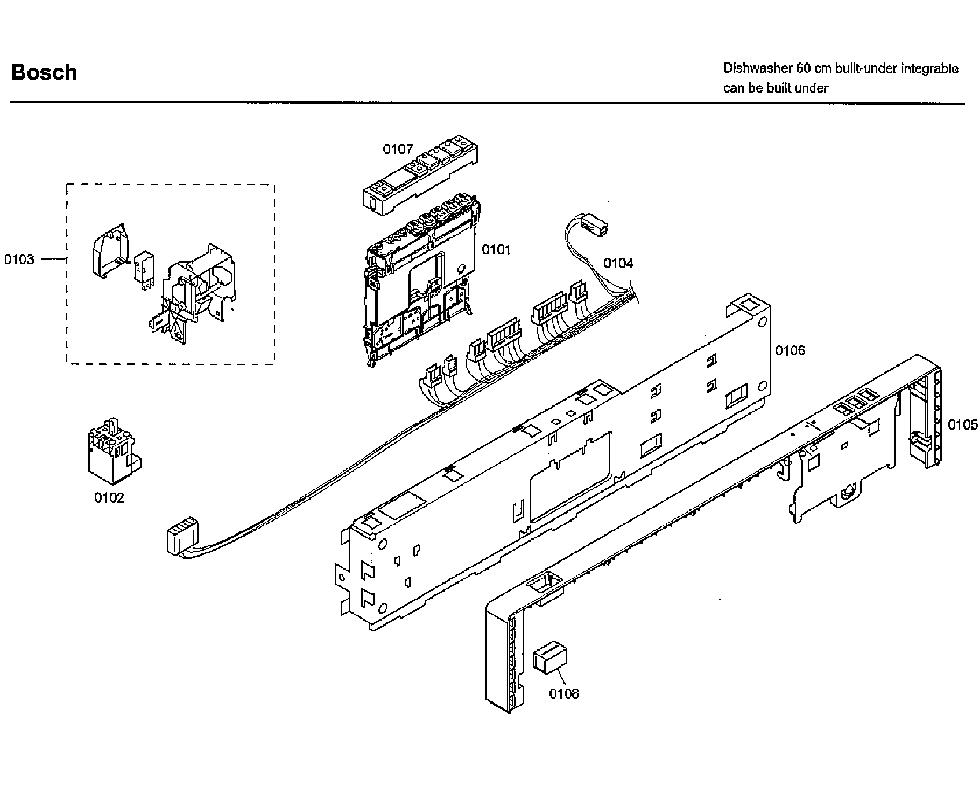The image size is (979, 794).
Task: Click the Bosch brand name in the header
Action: click(44, 73)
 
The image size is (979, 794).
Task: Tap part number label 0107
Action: click(398, 149)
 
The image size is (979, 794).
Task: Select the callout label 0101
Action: click(496, 250)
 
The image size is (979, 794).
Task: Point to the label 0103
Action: click(19, 260)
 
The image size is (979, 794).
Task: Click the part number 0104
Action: click(618, 264)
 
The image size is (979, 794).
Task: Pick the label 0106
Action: click(790, 350)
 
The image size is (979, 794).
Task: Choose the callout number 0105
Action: click(962, 425)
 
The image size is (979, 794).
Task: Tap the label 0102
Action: click(109, 498)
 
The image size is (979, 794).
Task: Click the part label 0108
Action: click(564, 693)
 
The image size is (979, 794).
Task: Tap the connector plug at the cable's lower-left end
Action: click(179, 538)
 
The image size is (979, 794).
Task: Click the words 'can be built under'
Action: click(775, 88)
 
